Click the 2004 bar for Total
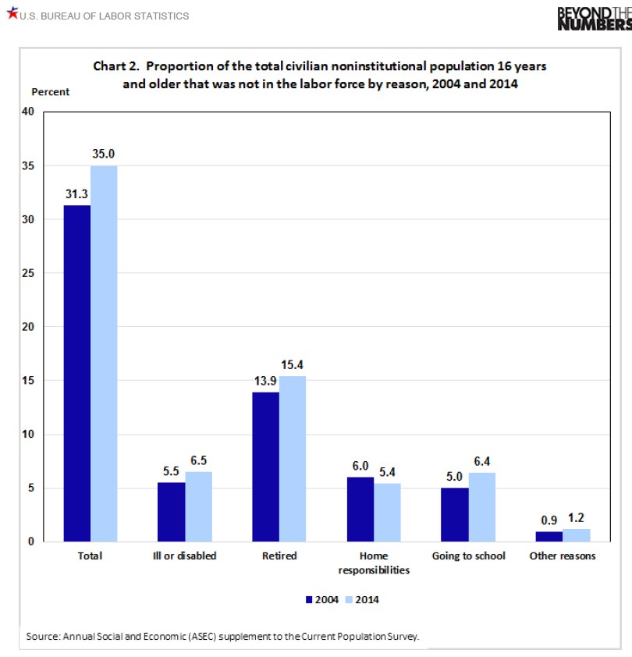click(77, 373)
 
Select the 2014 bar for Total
click(104, 353)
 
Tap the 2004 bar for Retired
click(265, 467)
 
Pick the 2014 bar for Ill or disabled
click(198, 506)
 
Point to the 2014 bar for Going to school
click(481, 507)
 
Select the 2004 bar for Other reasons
click(549, 537)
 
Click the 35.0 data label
click(104, 154)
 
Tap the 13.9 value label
click(265, 381)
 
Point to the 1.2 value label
click(576, 517)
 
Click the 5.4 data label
click(387, 472)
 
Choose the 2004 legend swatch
click(308, 600)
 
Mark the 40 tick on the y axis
click(29, 112)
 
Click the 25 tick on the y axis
click(29, 273)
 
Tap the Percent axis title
click(51, 92)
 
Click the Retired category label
click(279, 556)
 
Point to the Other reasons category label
click(562, 556)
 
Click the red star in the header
click(12, 15)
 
